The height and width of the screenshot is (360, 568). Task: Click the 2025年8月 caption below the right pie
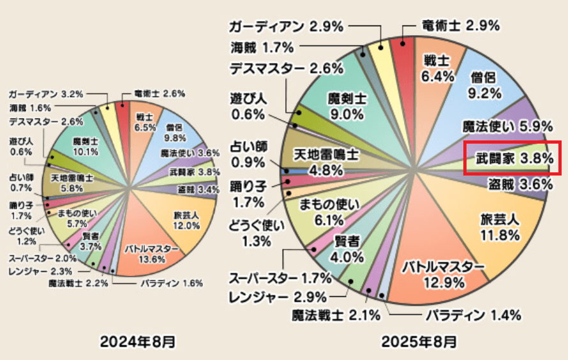point(419,341)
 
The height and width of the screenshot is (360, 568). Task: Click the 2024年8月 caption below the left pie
point(137,341)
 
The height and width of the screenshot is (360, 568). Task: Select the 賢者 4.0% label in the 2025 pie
point(348,249)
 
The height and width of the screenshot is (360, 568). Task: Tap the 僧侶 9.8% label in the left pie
point(175,132)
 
